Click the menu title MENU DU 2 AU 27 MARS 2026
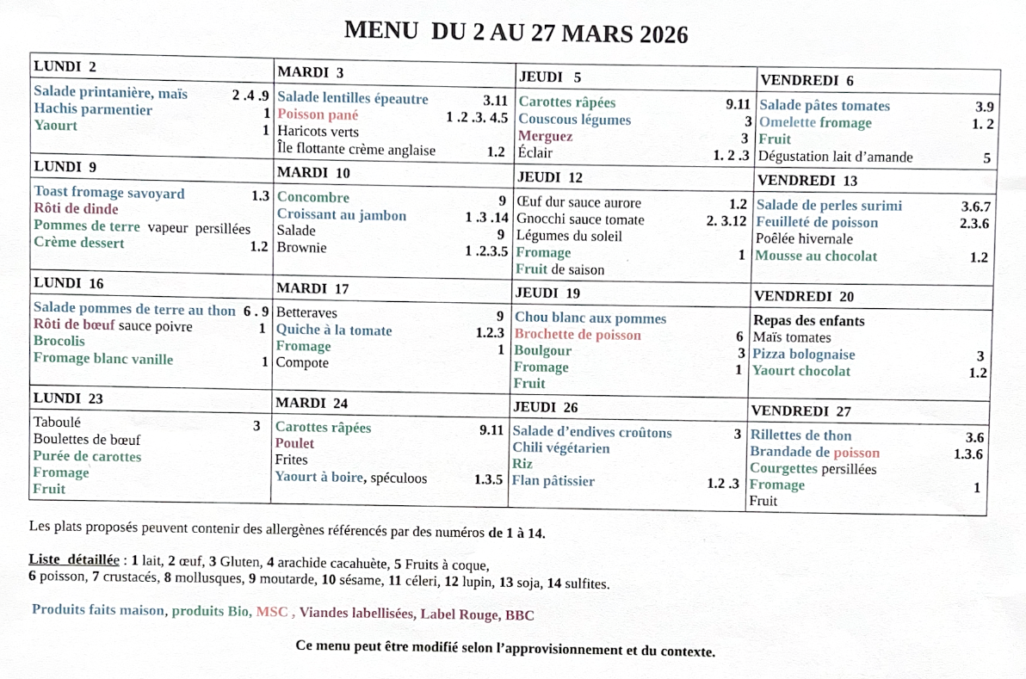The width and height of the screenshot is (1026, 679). (x=516, y=32)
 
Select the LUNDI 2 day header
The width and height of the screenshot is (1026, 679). (x=65, y=66)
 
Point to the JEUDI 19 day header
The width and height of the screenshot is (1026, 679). (x=547, y=293)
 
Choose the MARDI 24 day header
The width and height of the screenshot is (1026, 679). (x=312, y=403)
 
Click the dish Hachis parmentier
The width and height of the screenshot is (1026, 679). (x=93, y=109)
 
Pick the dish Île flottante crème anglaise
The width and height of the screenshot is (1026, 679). (x=356, y=150)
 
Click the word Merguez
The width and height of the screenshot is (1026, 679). (x=545, y=136)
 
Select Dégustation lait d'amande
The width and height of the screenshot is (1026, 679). (x=836, y=157)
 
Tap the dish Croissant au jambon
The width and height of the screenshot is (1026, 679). (x=341, y=214)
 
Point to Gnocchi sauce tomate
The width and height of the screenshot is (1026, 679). (x=580, y=219)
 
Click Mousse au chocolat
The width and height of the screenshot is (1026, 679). (x=816, y=256)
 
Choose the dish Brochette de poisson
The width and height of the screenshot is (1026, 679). (x=578, y=335)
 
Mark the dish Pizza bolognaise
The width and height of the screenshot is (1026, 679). (x=804, y=355)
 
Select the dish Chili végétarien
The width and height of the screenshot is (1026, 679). (x=561, y=448)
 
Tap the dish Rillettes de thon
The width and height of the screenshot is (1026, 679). (x=800, y=435)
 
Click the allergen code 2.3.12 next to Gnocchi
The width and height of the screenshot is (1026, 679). (x=726, y=220)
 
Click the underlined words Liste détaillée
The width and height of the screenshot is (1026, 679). (x=74, y=559)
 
